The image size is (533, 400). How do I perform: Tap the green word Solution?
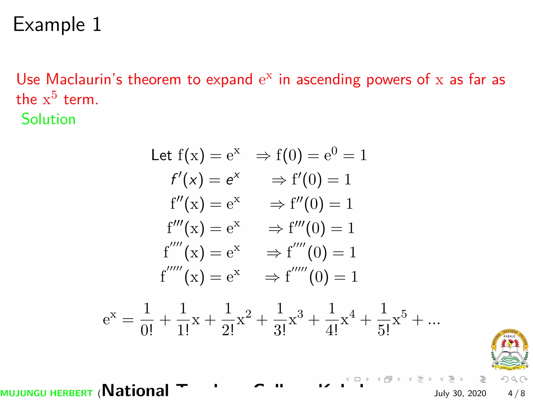48,119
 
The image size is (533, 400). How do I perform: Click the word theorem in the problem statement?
154,79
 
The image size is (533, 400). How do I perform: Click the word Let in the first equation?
161,155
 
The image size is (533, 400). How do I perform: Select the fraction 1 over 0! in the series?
147,320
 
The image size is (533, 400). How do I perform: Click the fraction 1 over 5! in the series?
384,320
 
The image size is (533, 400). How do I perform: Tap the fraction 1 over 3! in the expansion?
280,320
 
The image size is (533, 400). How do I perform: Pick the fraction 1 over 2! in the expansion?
228,320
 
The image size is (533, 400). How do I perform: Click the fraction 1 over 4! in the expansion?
332,320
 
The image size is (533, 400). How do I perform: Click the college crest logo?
510,349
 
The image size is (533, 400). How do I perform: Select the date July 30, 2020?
460,393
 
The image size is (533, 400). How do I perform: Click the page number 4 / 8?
516,393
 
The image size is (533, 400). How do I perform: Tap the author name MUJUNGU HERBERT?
47,393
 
